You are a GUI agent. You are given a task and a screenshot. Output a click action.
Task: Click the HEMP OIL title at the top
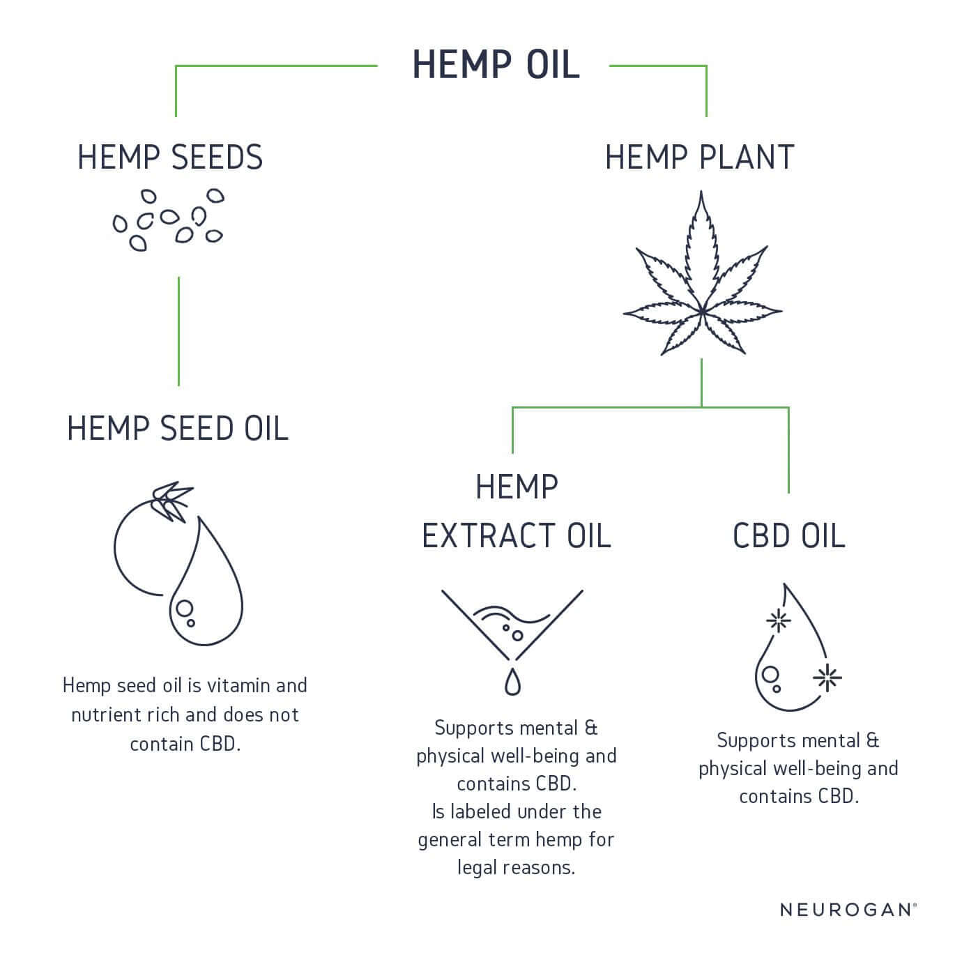pyautogui.click(x=496, y=65)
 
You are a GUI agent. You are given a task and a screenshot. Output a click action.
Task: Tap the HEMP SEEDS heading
pyautogui.click(x=170, y=158)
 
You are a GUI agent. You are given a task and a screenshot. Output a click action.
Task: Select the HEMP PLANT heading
pyautogui.click(x=699, y=158)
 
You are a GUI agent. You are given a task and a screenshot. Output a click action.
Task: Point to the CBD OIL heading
pyautogui.click(x=788, y=535)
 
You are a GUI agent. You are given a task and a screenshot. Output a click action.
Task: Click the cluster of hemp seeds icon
pyautogui.click(x=168, y=220)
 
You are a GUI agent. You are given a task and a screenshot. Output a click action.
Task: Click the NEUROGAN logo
pyautogui.click(x=848, y=910)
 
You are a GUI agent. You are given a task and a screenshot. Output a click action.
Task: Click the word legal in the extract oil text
pyautogui.click(x=477, y=868)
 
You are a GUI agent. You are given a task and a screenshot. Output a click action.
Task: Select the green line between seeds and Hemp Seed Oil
pyautogui.click(x=178, y=332)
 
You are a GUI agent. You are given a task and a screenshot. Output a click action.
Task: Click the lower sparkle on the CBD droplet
pyautogui.click(x=827, y=678)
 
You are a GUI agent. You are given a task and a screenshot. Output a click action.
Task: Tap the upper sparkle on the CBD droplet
pyautogui.click(x=778, y=621)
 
